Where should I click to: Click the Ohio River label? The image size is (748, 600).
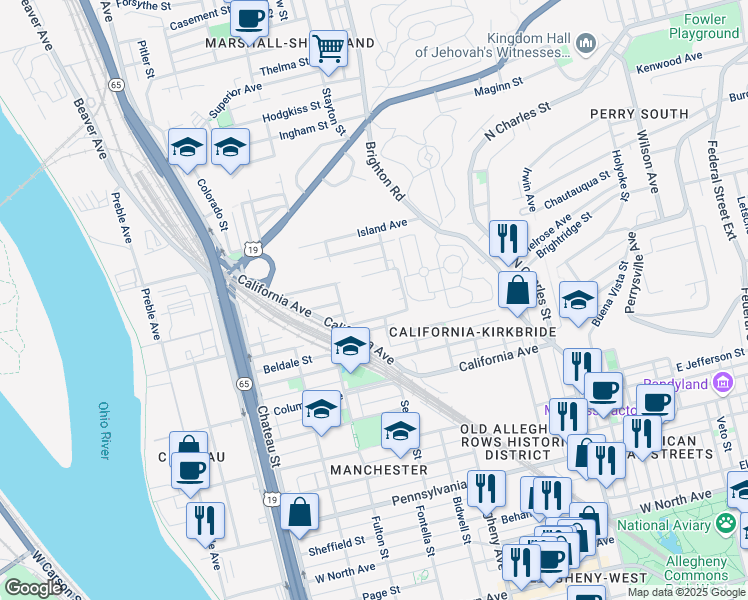[x=104, y=430]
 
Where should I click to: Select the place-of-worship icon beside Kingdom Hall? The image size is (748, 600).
[x=586, y=42]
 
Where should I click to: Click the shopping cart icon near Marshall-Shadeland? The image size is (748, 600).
[x=328, y=47]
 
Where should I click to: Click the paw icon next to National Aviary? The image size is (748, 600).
[x=726, y=524]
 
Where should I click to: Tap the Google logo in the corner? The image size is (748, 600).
[x=33, y=587]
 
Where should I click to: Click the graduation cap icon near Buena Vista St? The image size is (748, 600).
[x=578, y=300]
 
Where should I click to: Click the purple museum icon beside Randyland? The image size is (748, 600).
[x=723, y=384]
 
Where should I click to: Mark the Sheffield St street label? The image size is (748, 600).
[x=339, y=543]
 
